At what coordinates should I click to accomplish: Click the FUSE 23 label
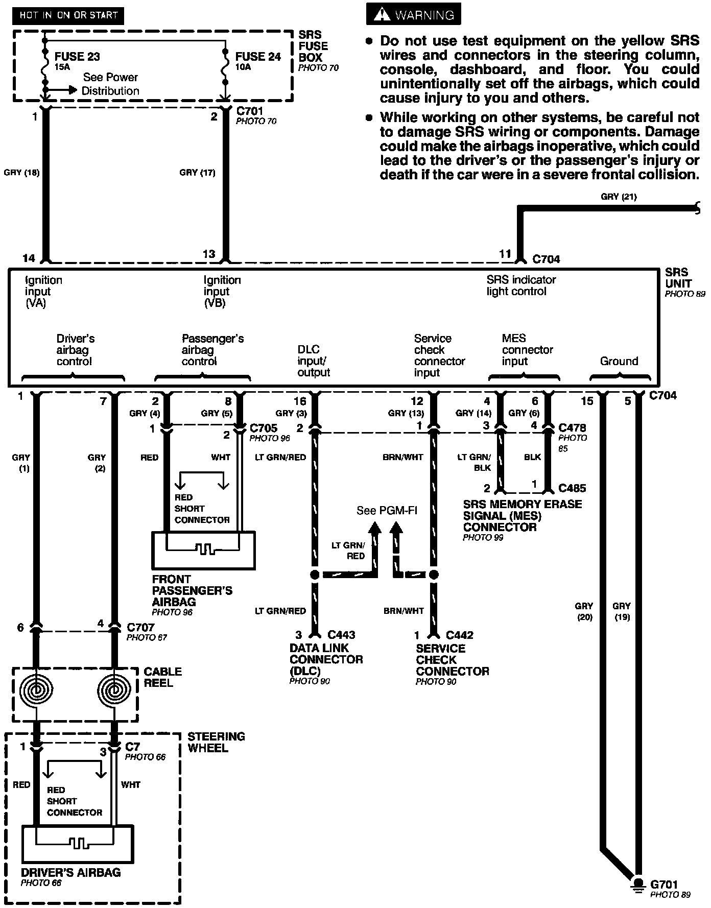pyautogui.click(x=77, y=57)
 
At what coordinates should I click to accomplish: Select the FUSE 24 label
pyautogui.click(x=258, y=57)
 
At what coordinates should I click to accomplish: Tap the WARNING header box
pyautogui.click(x=413, y=15)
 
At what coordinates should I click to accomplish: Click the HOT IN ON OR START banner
pyautogui.click(x=68, y=15)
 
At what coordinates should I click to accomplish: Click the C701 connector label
pyautogui.click(x=250, y=111)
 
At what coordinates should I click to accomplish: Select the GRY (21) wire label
pyautogui.click(x=619, y=197)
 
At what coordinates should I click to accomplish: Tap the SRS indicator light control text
pyautogui.click(x=521, y=285)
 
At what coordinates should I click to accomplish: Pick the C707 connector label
pyautogui.click(x=140, y=627)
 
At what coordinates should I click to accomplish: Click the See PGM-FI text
pyautogui.click(x=387, y=511)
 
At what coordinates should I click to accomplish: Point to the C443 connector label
pyautogui.click(x=341, y=635)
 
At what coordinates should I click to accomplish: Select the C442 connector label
pyautogui.click(x=459, y=635)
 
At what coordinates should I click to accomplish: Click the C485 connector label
pyautogui.click(x=572, y=488)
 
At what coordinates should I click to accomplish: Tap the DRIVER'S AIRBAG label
pyautogui.click(x=71, y=872)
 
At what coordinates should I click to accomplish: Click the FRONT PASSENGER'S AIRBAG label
pyautogui.click(x=192, y=590)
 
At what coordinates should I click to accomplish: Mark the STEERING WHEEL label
pyautogui.click(x=216, y=742)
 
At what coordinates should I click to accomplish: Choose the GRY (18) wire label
pyautogui.click(x=21, y=173)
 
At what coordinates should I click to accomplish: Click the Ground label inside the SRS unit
pyautogui.click(x=619, y=361)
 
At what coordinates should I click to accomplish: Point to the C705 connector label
pyautogui.click(x=264, y=427)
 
